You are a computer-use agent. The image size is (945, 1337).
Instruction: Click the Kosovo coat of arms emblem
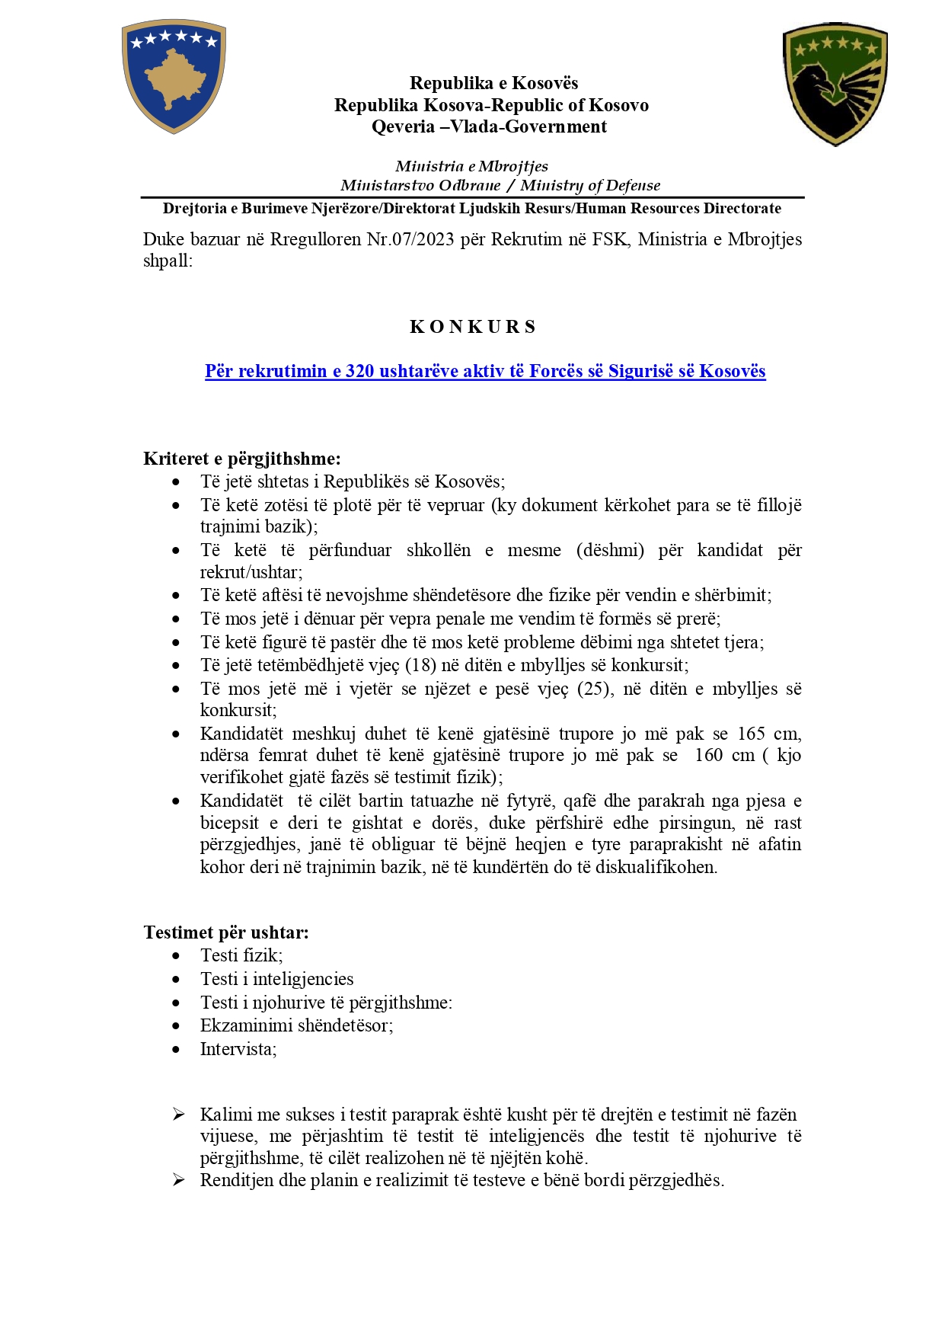pyautogui.click(x=174, y=76)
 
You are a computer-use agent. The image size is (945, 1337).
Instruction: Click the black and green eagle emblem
pyautogui.click(x=835, y=85)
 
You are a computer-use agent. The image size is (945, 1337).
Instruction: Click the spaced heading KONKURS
pyautogui.click(x=473, y=327)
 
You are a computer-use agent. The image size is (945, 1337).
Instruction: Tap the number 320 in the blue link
pyautogui.click(x=359, y=371)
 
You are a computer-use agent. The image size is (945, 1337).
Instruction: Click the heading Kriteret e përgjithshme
pyautogui.click(x=241, y=459)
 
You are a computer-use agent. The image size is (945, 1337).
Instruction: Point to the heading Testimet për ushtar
pyautogui.click(x=226, y=932)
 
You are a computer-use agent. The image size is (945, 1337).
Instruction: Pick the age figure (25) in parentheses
pyautogui.click(x=595, y=689)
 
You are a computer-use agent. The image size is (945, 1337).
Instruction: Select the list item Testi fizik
pyautogui.click(x=241, y=955)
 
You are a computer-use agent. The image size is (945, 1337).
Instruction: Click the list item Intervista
pyautogui.click(x=238, y=1049)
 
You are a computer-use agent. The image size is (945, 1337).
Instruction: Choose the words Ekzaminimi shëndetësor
pyautogui.click(x=295, y=1025)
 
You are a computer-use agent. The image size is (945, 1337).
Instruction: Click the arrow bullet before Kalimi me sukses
pyautogui.click(x=178, y=1115)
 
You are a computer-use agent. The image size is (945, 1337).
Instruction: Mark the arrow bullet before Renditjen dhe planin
pyautogui.click(x=178, y=1180)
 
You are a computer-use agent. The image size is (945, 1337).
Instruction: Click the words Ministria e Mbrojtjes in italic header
pyautogui.click(x=471, y=166)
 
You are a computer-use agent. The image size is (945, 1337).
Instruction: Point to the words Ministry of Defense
pyautogui.click(x=590, y=185)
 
